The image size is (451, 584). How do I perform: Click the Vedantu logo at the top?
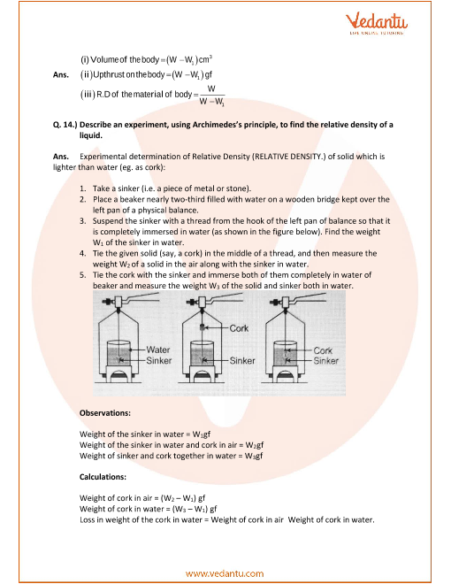tap(377, 23)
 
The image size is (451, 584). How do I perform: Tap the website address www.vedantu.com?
tap(225, 573)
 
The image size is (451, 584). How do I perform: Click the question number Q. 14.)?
tap(65, 125)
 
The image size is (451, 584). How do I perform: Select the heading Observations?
tap(105, 412)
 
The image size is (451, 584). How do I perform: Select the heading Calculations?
tap(103, 477)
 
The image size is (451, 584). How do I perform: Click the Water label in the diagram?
tap(158, 350)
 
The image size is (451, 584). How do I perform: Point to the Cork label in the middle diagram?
tap(239, 328)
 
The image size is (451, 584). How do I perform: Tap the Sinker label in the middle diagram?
tap(242, 360)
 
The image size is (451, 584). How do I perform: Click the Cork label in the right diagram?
tap(323, 350)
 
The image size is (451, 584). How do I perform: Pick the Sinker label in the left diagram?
tap(159, 360)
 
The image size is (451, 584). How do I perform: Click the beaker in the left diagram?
tap(118, 353)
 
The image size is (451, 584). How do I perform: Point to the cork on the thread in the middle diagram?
tap(202, 327)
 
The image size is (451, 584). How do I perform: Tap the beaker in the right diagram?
tap(286, 353)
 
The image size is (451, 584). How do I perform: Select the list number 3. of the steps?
tap(82, 221)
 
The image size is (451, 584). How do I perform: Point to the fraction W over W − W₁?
tap(211, 95)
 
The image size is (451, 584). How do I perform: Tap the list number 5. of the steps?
tap(82, 275)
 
